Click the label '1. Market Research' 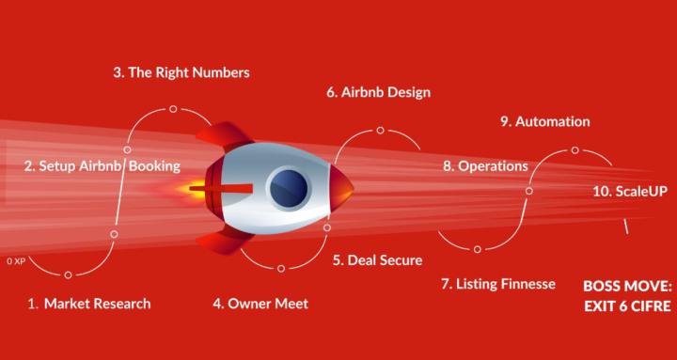(88, 304)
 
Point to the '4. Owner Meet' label (260, 304)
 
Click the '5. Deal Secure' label (376, 259)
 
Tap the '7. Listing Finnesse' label (497, 283)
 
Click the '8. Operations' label (484, 165)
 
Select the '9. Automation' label (544, 121)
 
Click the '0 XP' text (14, 259)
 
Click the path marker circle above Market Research (68, 274)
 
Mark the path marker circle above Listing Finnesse (477, 248)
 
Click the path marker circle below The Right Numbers (173, 109)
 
